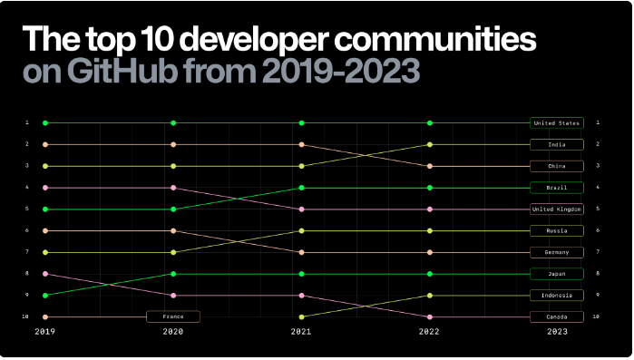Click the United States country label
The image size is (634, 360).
557,122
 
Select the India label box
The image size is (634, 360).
557,144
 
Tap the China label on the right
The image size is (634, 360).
557,166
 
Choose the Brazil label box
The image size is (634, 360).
557,188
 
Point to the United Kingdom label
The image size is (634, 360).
557,209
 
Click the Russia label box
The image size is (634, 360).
557,231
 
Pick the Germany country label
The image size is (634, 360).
557,252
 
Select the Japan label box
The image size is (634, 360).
557,274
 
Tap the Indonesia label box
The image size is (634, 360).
557,296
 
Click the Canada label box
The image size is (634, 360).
557,317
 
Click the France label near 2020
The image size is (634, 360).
173,317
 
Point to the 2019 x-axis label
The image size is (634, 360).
44,333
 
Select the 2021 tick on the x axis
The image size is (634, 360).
301,333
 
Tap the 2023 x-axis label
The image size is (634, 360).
557,333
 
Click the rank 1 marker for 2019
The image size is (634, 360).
44,122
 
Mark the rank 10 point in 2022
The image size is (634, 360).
429,317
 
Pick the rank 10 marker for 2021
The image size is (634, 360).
301,317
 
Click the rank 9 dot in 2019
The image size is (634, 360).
44,296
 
